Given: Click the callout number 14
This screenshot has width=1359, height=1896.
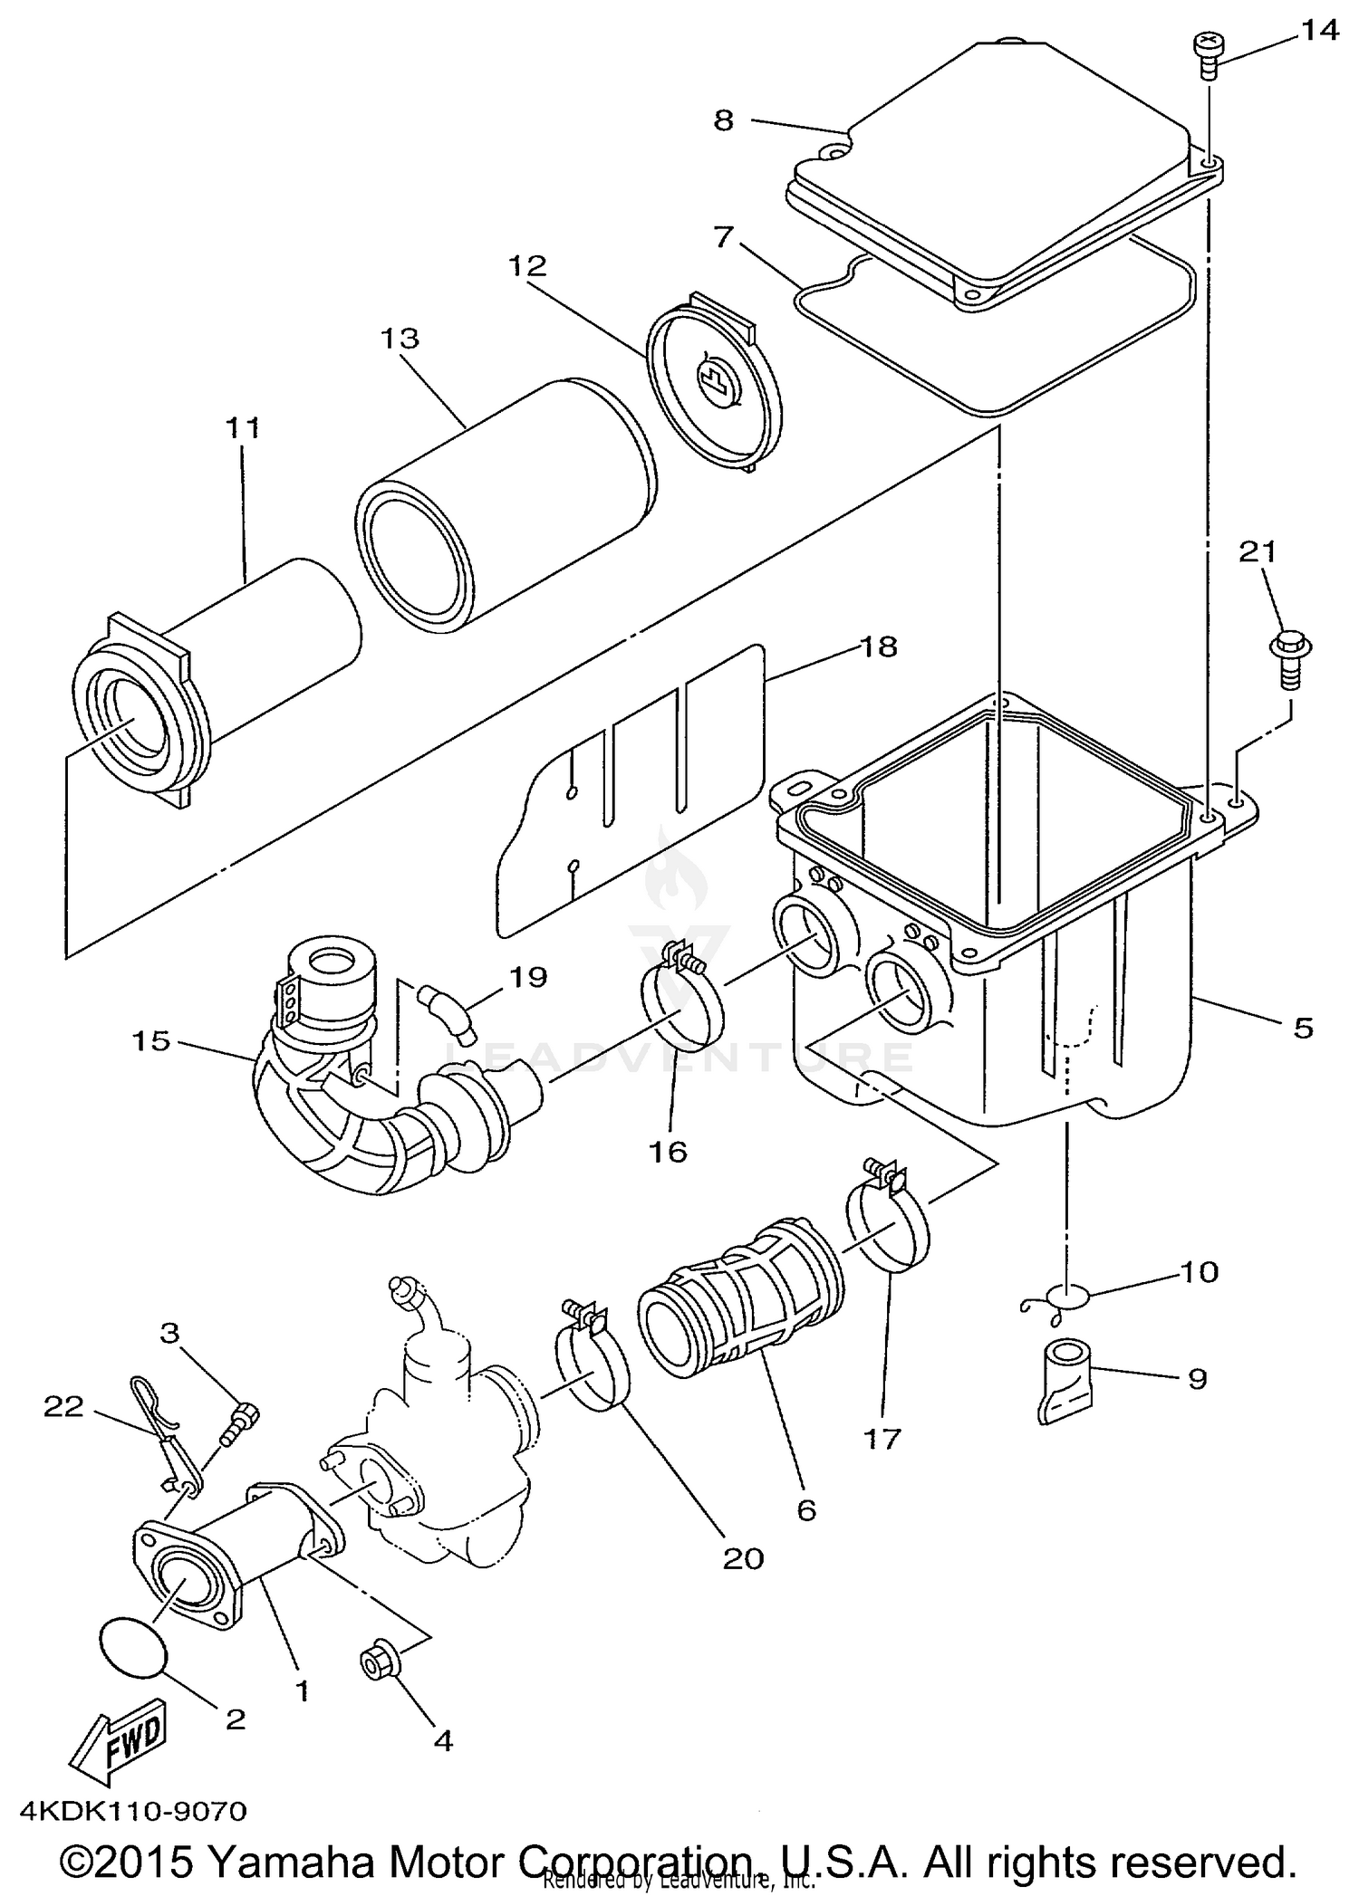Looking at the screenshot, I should coord(1318,31).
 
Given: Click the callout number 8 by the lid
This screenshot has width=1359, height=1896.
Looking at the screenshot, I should coord(723,120).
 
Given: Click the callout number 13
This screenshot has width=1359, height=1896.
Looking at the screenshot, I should coord(400,339).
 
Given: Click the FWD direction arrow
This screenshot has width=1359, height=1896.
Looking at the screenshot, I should coord(120,1743).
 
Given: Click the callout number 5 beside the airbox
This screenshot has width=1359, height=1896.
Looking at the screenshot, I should coord(1302,1028).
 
